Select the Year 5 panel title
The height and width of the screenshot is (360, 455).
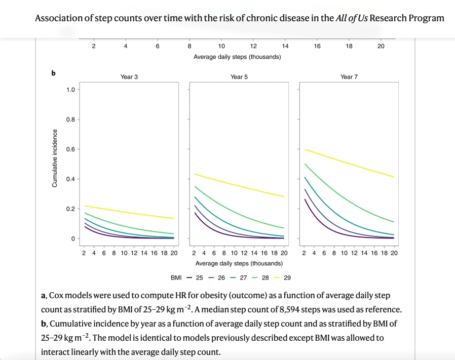(x=239, y=77)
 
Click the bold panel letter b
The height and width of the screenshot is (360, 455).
(x=53, y=73)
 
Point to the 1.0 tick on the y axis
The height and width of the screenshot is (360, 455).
(x=70, y=90)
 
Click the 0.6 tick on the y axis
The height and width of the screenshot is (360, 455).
(x=70, y=149)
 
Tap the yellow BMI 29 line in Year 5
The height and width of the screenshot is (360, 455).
(x=238, y=185)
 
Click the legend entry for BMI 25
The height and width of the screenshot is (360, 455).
(x=197, y=277)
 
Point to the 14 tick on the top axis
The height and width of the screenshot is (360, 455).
(x=285, y=46)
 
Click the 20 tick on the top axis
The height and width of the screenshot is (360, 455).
(x=381, y=46)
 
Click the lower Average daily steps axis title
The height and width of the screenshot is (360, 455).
(x=239, y=263)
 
